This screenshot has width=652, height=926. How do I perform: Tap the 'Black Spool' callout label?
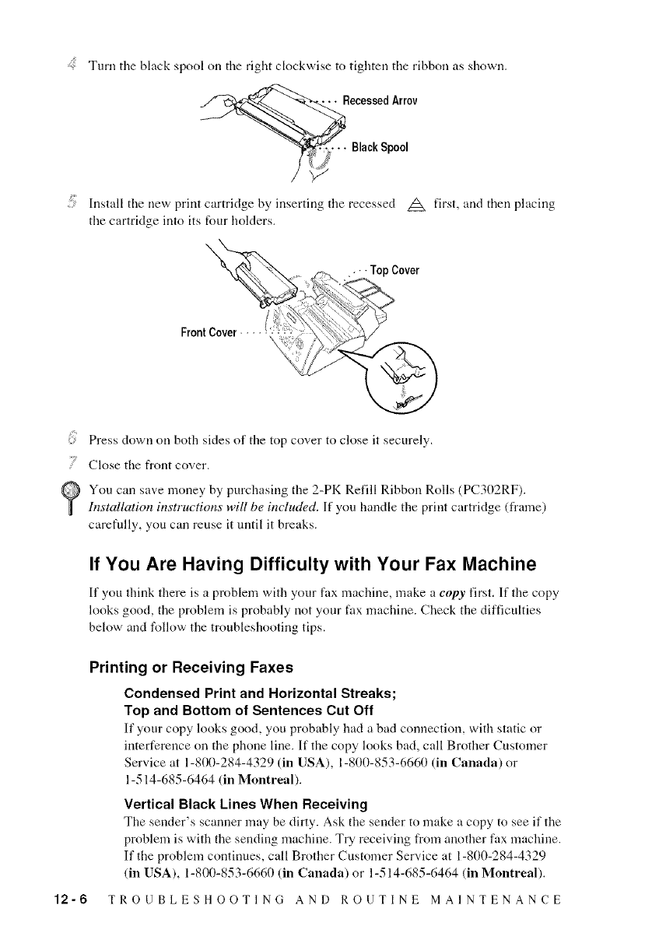click(x=380, y=147)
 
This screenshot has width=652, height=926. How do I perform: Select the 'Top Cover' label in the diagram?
click(x=395, y=271)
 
